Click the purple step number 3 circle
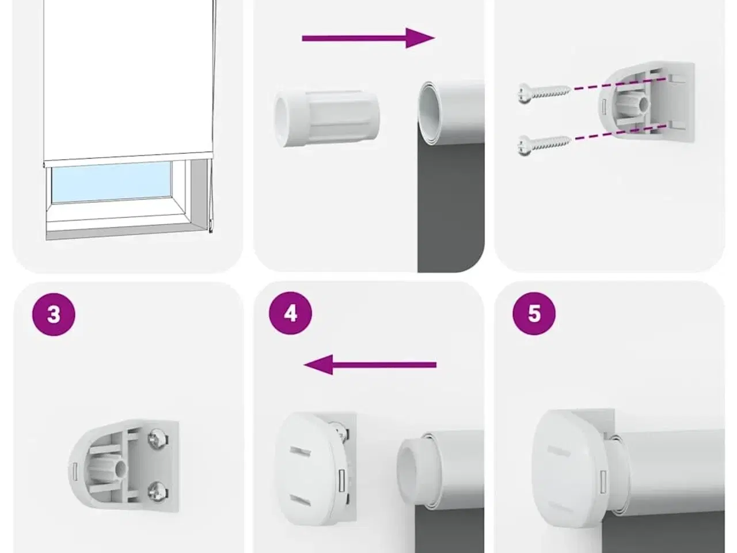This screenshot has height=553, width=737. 54,315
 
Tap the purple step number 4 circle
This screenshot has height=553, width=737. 290,313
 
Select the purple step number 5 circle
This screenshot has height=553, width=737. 534,313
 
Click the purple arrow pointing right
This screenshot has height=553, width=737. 368,38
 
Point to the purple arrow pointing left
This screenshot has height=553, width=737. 370,365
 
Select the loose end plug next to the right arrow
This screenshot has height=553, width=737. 327,118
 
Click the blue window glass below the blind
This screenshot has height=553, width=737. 112,183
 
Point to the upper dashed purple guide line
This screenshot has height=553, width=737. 620,84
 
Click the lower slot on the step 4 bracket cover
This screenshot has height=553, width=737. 299,499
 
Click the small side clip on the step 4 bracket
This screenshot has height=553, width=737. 342,480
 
